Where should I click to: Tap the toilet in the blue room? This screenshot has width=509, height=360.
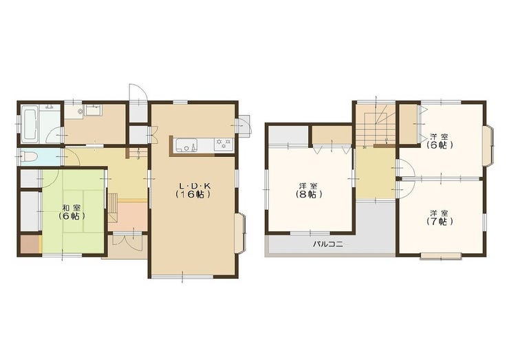point(28,157)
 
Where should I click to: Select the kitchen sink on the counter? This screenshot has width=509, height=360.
point(186,145)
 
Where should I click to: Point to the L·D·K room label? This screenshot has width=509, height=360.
point(194,186)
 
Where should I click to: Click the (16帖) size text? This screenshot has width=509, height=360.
point(194,194)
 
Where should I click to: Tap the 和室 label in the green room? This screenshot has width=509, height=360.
point(72,207)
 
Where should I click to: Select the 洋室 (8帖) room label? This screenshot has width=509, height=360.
point(308,190)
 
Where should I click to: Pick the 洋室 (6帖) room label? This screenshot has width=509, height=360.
point(440,140)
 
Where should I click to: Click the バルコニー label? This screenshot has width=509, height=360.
point(328,244)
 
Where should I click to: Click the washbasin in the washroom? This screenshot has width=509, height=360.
point(93,110)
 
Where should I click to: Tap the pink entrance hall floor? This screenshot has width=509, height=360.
point(132,216)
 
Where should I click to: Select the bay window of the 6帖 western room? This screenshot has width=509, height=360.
point(489,146)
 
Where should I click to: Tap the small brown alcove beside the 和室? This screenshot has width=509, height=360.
point(30,244)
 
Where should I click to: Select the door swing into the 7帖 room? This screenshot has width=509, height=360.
point(407,189)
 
